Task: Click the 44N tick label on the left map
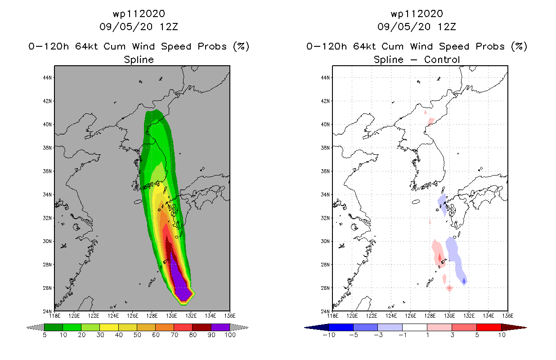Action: pyautogui.click(x=47, y=78)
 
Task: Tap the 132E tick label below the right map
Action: pyautogui.click(x=469, y=316)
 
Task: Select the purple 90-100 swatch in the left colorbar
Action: pyautogui.click(x=220, y=327)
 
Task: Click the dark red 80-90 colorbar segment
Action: pyautogui.click(x=202, y=327)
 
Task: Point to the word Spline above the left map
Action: pyautogui.click(x=139, y=60)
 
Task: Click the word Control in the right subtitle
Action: pyautogui.click(x=442, y=60)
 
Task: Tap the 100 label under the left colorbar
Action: pyautogui.click(x=230, y=335)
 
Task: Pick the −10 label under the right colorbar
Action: pyautogui.click(x=329, y=335)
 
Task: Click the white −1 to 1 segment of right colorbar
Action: pyautogui.click(x=415, y=327)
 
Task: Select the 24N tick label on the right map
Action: pyautogui.click(x=325, y=311)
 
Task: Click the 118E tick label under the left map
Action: pyautogui.click(x=54, y=316)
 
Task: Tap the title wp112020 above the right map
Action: pyautogui.click(x=417, y=14)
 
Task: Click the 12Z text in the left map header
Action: pyautogui.click(x=169, y=27)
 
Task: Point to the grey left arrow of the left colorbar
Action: pyautogui.click(x=35, y=327)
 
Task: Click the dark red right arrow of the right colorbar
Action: pyautogui.click(x=514, y=327)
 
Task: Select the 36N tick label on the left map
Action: pyautogui.click(x=47, y=171)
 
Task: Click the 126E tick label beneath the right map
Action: pyautogui.click(x=410, y=316)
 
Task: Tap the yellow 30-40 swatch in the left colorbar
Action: pyautogui.click(x=109, y=327)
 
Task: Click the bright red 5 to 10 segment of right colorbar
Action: pyautogui.click(x=489, y=327)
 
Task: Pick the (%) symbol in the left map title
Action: pyautogui.click(x=241, y=46)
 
